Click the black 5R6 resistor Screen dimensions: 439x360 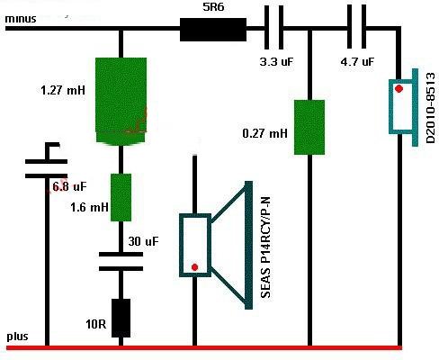[213, 30]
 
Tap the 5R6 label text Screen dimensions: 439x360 [213, 7]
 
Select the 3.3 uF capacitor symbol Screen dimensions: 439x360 [274, 28]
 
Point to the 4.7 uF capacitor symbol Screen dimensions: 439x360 [356, 27]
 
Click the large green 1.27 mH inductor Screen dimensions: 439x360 [121, 102]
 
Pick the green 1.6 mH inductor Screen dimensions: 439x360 [121, 197]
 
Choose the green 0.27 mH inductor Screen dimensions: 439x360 [309, 127]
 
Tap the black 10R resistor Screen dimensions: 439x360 [121, 318]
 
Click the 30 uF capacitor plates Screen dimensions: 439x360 [121, 261]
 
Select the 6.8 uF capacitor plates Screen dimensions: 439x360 [46, 168]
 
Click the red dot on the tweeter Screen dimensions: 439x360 [399, 88]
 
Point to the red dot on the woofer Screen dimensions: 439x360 [194, 267]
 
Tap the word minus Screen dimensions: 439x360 [21, 19]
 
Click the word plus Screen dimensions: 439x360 [17, 337]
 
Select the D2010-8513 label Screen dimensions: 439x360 [430, 108]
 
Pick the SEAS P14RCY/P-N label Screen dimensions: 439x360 [266, 247]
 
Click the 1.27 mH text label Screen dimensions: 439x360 [63, 90]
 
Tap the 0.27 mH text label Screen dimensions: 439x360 [264, 133]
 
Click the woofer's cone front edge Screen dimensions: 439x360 [248, 245]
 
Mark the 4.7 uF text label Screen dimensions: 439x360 [357, 62]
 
